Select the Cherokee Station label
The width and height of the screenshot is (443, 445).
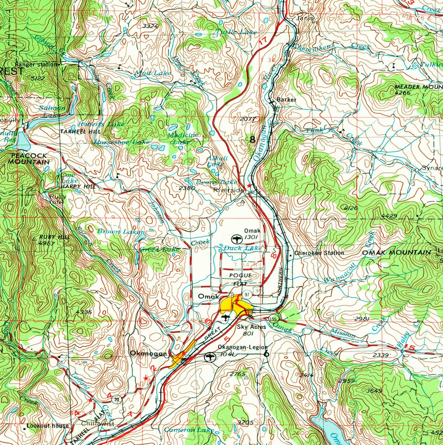point(319,253)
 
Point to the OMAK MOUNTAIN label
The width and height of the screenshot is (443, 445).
point(396,253)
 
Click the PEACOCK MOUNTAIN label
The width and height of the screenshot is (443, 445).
point(29,159)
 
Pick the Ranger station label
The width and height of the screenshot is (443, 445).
point(36,65)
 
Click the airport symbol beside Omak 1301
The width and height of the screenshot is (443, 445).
point(236,238)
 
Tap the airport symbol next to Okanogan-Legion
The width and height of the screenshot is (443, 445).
point(210,356)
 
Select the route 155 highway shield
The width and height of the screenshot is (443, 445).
point(273,319)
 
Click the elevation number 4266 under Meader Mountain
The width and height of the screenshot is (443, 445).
point(403,93)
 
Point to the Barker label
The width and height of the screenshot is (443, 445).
point(286,99)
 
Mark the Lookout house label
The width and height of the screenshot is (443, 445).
point(47,426)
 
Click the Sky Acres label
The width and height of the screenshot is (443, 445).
point(251,327)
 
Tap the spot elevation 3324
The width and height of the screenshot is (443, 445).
point(150,26)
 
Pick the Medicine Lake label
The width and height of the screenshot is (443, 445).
point(183,138)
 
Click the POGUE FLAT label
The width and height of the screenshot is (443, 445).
point(240,279)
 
